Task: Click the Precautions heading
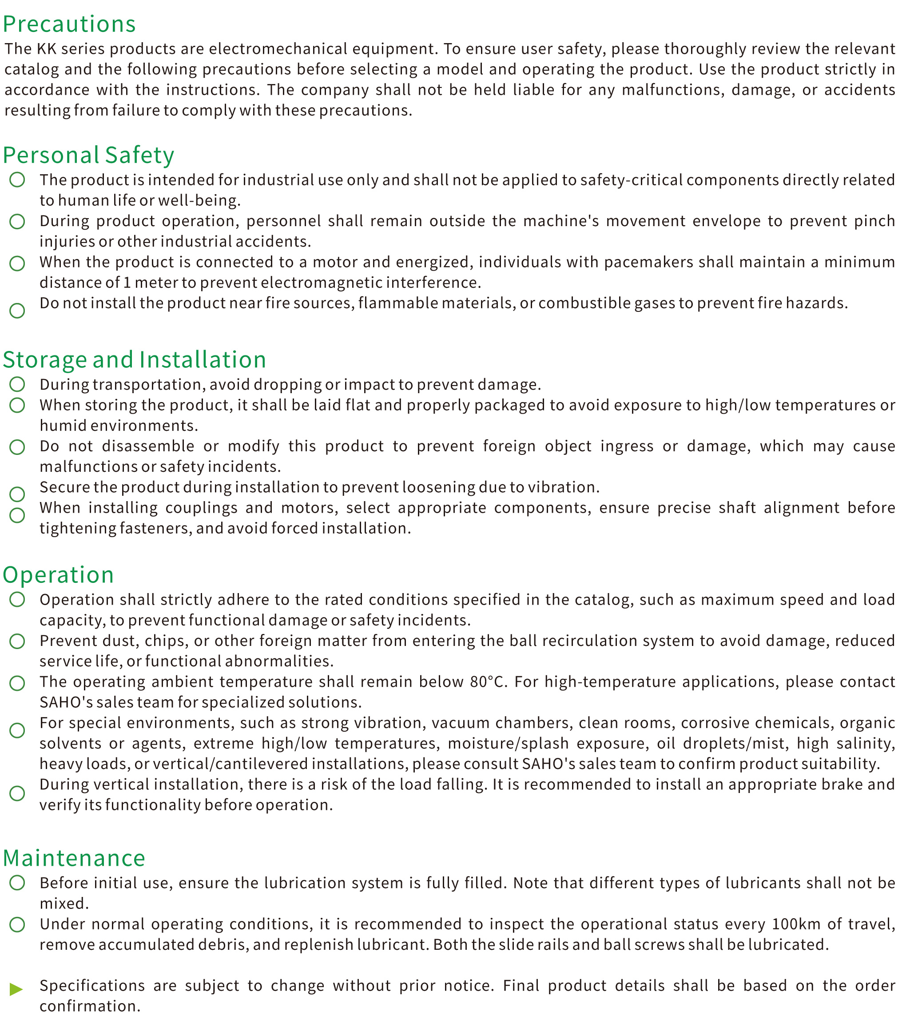(69, 24)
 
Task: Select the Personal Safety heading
(88, 155)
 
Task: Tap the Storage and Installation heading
(134, 360)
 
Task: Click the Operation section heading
(59, 575)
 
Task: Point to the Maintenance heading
(74, 858)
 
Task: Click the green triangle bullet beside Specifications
(16, 989)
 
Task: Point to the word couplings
(201, 507)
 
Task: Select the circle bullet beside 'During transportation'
(17, 384)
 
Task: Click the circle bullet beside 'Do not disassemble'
(17, 447)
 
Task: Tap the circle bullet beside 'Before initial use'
(17, 883)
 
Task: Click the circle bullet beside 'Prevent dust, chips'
(17, 642)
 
